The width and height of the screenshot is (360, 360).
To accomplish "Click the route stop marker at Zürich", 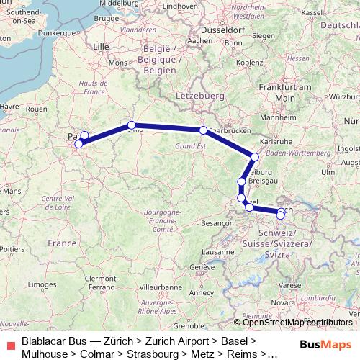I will pyautogui.click(x=280, y=213).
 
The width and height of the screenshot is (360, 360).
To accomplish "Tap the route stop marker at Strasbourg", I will pyautogui.click(x=255, y=156).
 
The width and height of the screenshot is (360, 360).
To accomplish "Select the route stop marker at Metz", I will pyautogui.click(x=204, y=130).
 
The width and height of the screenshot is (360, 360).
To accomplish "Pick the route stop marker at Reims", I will pyautogui.click(x=131, y=124).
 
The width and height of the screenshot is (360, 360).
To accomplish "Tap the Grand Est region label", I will pyautogui.click(x=190, y=146).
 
